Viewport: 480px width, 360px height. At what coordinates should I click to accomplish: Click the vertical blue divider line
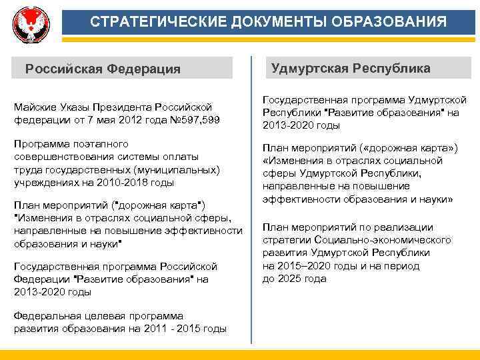tap(251, 200)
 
